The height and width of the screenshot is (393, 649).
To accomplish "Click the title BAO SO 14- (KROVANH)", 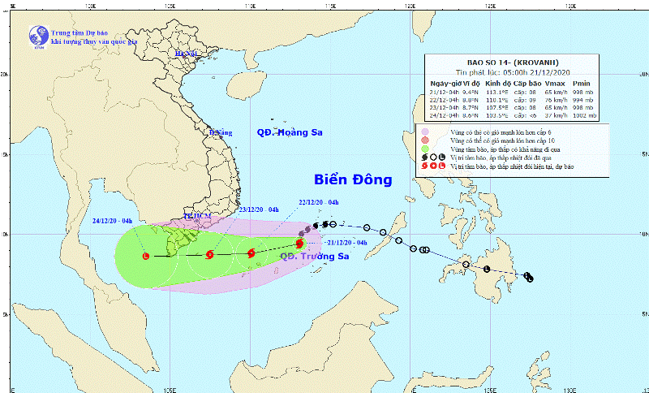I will click(x=513, y=63).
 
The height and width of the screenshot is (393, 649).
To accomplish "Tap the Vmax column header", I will click(x=555, y=83).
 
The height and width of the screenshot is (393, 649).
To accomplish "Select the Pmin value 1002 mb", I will click(x=584, y=115).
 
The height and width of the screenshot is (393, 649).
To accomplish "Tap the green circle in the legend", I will click(x=424, y=149).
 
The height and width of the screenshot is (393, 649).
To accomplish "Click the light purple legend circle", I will click(x=424, y=131).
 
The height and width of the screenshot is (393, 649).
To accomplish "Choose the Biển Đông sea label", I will click(x=354, y=179).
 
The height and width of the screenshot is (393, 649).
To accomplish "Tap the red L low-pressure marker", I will click(x=146, y=257).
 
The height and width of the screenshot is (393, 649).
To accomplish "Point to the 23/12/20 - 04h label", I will click(x=258, y=210).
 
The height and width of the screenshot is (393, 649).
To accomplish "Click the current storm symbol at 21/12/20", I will click(x=299, y=243).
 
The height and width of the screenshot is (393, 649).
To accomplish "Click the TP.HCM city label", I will click(x=196, y=217).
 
